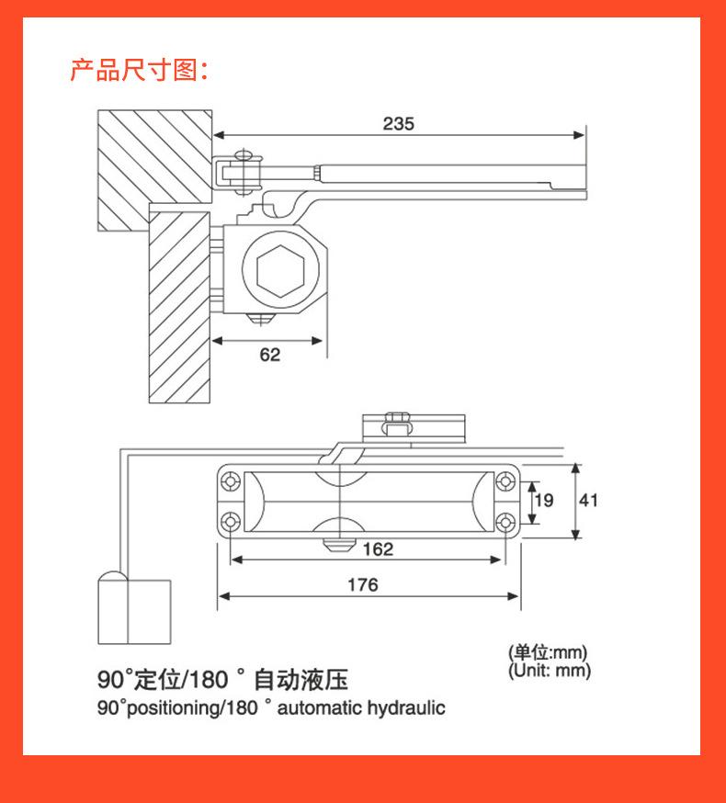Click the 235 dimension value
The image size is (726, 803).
tap(399, 123)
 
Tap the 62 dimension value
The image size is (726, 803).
tap(269, 355)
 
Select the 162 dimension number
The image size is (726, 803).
tap(378, 549)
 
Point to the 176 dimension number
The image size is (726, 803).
tap(362, 584)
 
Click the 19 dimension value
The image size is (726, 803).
tap(545, 500)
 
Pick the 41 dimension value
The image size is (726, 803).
tap(588, 500)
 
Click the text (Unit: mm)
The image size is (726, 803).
tap(550, 671)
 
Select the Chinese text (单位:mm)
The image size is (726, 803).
tap(548, 653)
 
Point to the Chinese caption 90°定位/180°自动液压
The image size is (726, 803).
tap(223, 680)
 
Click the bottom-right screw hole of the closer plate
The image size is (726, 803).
tap(506, 521)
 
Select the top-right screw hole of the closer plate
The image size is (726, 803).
tap(506, 481)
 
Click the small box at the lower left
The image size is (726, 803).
tap(134, 609)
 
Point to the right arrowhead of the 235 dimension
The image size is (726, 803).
tap(581, 135)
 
